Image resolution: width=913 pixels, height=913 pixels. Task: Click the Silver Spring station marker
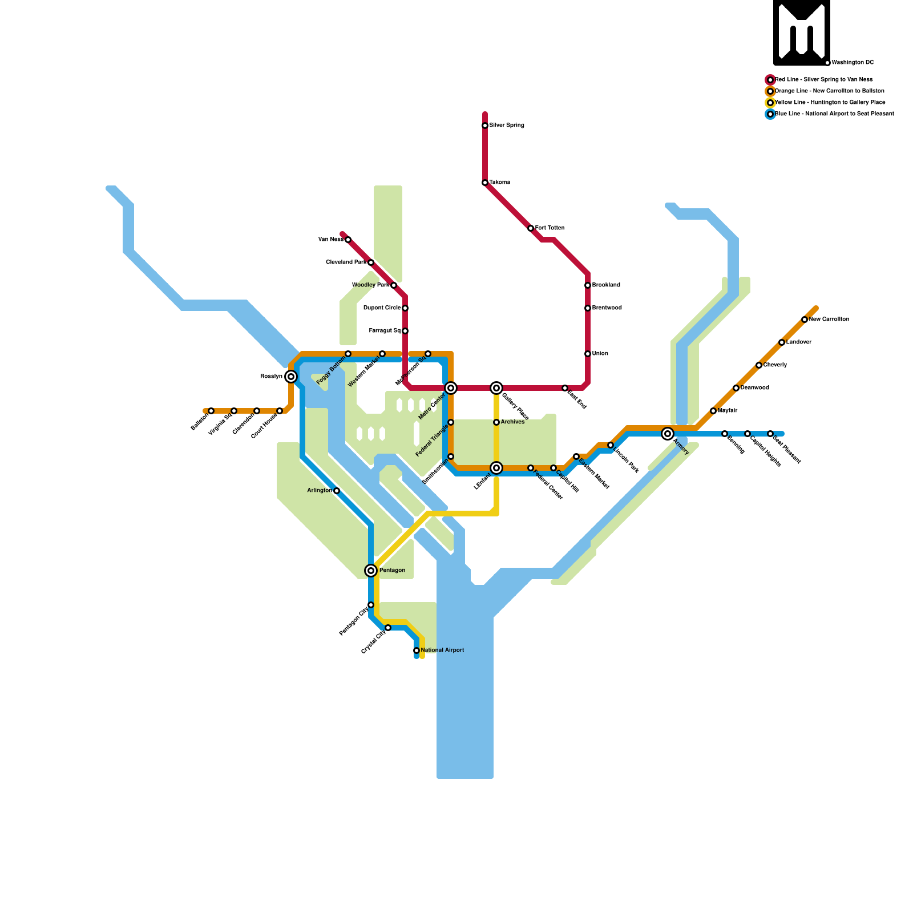485,126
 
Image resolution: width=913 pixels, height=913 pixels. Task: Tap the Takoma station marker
485,183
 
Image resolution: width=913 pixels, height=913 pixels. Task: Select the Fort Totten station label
550,228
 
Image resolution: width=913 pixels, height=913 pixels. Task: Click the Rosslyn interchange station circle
291,377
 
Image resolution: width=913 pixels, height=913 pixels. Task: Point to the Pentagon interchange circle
371,571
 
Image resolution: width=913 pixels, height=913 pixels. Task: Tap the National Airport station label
442,651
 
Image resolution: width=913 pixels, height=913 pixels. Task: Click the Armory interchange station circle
668,434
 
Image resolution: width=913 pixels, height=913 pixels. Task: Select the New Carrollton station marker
805,320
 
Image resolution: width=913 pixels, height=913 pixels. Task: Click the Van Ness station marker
348,240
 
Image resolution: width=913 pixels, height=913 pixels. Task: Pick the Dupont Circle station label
382,308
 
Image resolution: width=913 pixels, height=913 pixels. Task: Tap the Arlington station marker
337,491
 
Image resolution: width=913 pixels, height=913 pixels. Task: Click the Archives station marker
496,422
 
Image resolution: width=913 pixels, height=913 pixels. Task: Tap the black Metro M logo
802,32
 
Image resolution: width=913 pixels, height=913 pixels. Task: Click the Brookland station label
606,285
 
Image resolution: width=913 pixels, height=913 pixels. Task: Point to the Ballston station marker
211,411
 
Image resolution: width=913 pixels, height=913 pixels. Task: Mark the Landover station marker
782,342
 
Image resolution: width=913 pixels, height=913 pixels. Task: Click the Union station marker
588,354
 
